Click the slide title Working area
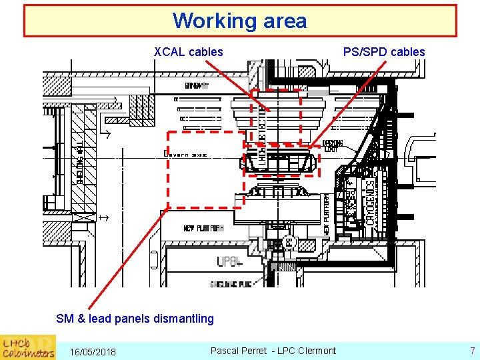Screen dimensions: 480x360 click(x=240, y=21)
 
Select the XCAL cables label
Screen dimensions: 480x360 click(x=189, y=52)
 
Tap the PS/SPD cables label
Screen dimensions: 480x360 click(x=383, y=52)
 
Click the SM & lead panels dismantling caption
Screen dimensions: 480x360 click(x=135, y=319)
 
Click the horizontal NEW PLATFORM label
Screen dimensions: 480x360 click(x=204, y=229)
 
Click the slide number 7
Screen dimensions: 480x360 click(x=472, y=351)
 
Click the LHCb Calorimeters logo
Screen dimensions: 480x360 click(x=28, y=347)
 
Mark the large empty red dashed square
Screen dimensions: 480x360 click(x=205, y=169)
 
